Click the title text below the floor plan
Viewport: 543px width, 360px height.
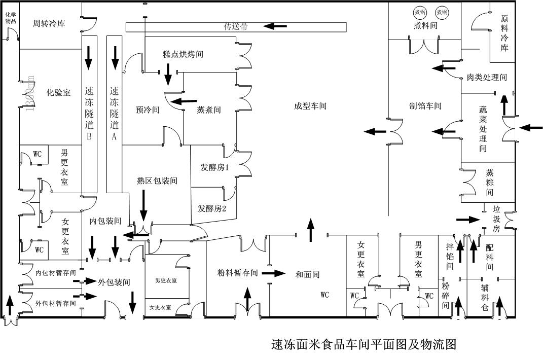[x=364, y=345]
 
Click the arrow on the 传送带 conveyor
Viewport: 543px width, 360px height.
[x=273, y=26]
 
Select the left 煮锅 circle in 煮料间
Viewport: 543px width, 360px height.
[x=420, y=12]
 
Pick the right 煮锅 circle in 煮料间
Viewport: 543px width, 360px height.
[x=441, y=12]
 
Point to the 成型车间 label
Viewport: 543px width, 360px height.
[x=310, y=106]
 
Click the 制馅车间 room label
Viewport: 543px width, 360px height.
[x=425, y=106]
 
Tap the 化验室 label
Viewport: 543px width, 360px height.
[x=58, y=93]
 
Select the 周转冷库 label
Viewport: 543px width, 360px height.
[x=49, y=23]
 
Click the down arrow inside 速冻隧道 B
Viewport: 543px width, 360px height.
[x=89, y=57]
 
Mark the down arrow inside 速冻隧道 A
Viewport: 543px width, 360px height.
[x=115, y=57]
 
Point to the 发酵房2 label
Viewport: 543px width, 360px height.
[x=212, y=208]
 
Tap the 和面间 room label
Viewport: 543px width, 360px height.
[x=307, y=275]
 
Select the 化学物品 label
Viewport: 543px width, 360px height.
[x=11, y=18]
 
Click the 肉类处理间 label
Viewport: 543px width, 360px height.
[x=487, y=78]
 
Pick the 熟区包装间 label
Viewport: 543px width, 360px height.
[x=157, y=181]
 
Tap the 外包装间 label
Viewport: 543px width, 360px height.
[x=114, y=282]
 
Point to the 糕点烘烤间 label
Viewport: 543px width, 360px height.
[x=183, y=54]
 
